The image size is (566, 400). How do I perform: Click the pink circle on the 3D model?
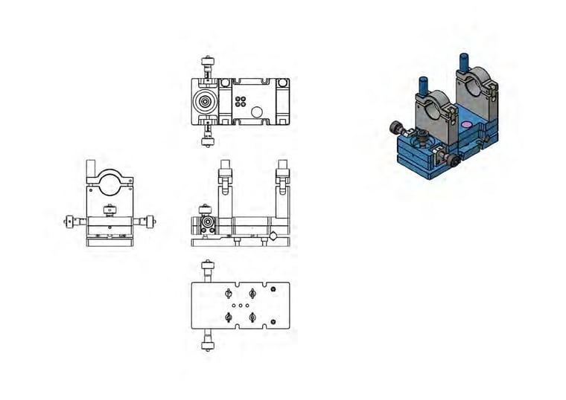[466, 124]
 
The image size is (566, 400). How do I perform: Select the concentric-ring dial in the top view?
[205, 101]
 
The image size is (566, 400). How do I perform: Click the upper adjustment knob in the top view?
[205, 62]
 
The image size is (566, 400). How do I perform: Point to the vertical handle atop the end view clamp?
[92, 168]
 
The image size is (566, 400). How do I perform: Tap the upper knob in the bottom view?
[206, 268]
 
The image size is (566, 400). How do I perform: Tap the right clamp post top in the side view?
[282, 165]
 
